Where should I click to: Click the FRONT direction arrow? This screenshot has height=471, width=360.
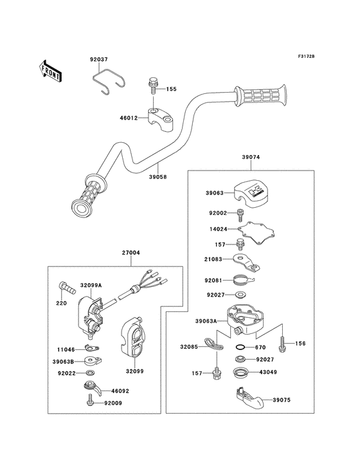(50, 71)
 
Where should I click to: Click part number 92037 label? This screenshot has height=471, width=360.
(99, 59)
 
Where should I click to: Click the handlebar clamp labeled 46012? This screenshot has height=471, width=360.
(161, 120)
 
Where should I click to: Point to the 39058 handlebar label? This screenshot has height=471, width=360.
(157, 177)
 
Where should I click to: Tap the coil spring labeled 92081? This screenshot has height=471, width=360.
(243, 281)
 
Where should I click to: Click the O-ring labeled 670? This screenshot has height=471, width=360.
(240, 347)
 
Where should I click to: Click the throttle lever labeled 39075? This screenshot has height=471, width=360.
(249, 398)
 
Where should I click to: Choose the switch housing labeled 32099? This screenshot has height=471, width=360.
(132, 337)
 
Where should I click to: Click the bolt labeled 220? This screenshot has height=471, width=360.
(67, 288)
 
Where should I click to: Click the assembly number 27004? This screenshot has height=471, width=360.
(130, 253)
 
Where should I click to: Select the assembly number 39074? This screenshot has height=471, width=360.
(251, 157)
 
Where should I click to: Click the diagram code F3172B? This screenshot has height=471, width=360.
(306, 56)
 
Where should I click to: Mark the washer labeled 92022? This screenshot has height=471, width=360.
(90, 373)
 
